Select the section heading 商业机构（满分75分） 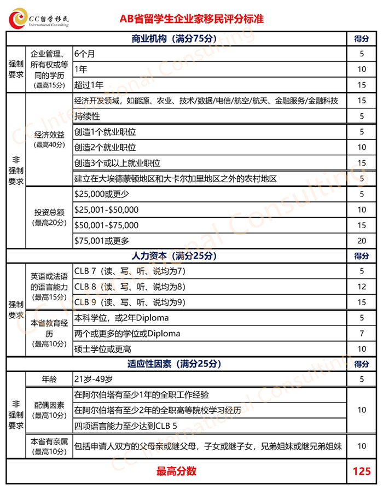[x=175, y=39]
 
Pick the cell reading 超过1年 [x=89, y=85]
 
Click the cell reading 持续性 [x=87, y=117]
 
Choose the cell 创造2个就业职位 [x=105, y=148]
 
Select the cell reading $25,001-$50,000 [x=106, y=210]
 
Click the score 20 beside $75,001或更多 [x=361, y=241]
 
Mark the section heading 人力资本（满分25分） [x=175, y=256]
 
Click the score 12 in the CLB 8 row [x=361, y=287]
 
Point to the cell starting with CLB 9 [x=130, y=302]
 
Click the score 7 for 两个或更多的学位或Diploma [x=361, y=334]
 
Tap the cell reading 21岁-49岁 [x=95, y=379]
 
